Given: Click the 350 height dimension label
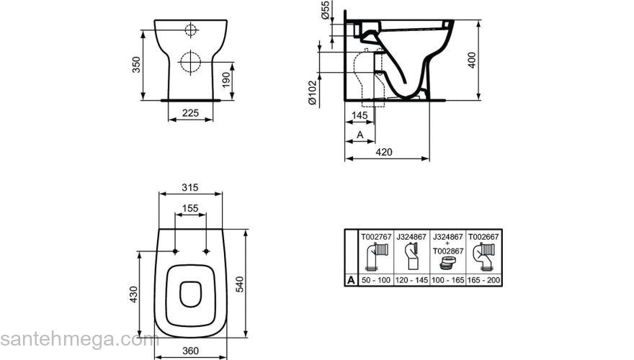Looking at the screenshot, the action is pos(137,65).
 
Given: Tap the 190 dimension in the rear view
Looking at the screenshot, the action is pos(226,80).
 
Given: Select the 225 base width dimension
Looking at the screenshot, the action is pos(190,113).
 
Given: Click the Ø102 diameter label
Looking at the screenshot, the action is pos(313,93).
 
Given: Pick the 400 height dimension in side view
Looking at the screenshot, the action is pos(471,60).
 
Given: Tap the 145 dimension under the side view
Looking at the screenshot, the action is pos(360,115).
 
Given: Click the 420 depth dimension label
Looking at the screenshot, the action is pos(384,152).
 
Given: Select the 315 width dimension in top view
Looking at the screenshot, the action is pos(190,187).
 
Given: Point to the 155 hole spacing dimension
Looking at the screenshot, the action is pos(190,208).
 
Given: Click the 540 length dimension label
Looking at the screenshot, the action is pos(239,284).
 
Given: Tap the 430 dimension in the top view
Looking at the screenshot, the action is pos(133,294).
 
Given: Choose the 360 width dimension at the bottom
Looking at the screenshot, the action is pos(190,351).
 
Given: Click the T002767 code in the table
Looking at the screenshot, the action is pos(376,237).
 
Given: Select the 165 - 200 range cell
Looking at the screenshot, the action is pos(483,280).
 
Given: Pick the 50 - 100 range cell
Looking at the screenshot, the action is pos(376,280).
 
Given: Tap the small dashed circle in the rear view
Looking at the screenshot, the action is pos(190,30).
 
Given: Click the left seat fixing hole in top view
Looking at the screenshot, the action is pos(175,251).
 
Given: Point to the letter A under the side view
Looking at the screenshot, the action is pos(360,135).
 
